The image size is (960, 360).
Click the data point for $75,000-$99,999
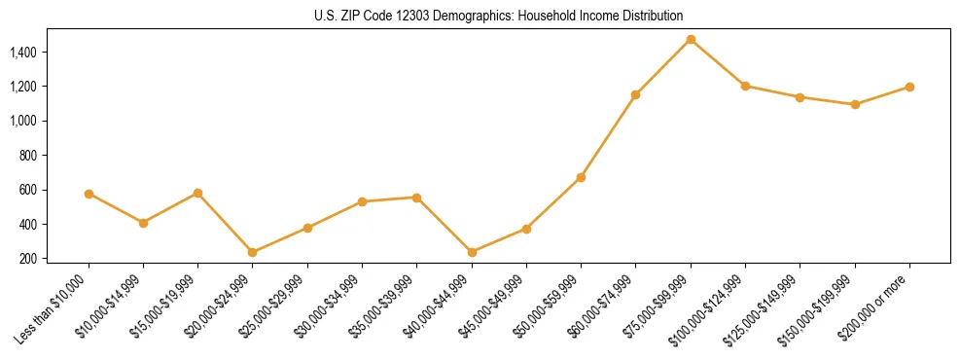click(x=691, y=40)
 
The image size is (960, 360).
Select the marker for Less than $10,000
click(x=89, y=194)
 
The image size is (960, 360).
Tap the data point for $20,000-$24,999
click(x=253, y=252)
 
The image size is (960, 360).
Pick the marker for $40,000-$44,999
click(x=472, y=252)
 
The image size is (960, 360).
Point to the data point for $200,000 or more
click(x=909, y=87)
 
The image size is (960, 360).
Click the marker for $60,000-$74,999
click(x=636, y=94)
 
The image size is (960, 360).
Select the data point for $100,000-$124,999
click(x=745, y=86)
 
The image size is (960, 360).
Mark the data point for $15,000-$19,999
click(x=198, y=193)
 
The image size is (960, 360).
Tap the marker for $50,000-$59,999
click(x=581, y=177)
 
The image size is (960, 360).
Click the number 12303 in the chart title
click(x=407, y=17)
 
